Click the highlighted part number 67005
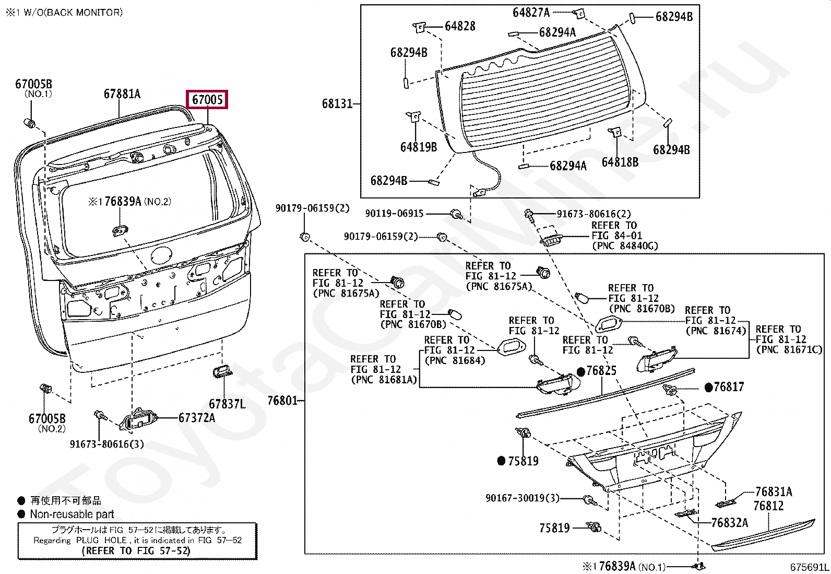click(207, 99)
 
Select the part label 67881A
click(122, 94)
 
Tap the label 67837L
click(227, 404)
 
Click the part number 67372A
click(197, 418)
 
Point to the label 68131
click(337, 104)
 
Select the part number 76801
click(282, 401)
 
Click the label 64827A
click(531, 13)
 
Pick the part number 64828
click(460, 26)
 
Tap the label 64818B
click(620, 162)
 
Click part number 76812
click(768, 506)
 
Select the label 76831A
click(774, 491)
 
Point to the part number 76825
click(601, 371)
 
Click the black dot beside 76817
click(708, 387)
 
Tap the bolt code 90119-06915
click(394, 214)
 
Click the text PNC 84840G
click(625, 246)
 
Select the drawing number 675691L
click(809, 567)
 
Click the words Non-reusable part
click(72, 514)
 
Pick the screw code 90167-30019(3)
click(522, 498)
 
